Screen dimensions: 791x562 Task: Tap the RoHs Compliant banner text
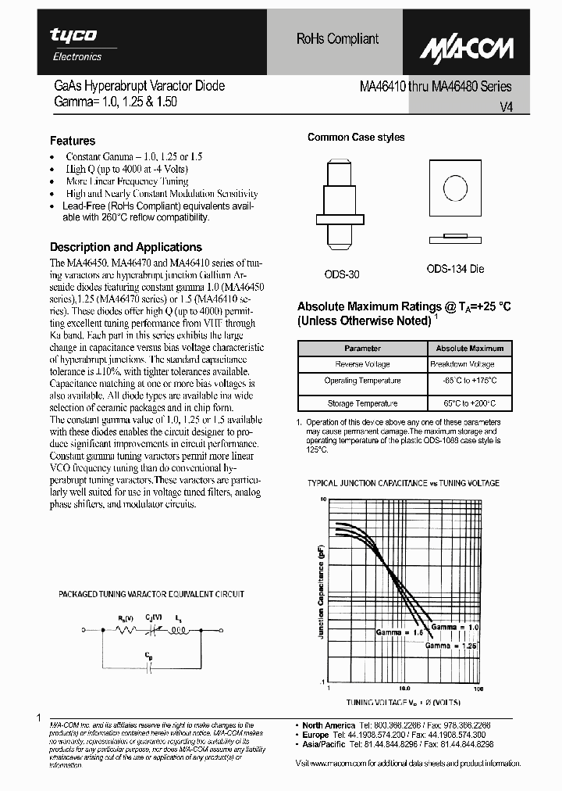click(337, 39)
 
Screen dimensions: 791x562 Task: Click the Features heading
click(73, 141)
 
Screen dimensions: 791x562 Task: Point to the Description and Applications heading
click(126, 247)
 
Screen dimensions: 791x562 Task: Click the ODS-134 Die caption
click(455, 269)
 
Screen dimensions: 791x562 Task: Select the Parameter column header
click(363, 349)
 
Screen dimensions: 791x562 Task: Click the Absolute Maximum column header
click(469, 349)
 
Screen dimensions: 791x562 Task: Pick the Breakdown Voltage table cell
click(462, 364)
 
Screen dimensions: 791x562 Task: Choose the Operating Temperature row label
click(363, 381)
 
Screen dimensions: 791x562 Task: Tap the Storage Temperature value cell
click(468, 404)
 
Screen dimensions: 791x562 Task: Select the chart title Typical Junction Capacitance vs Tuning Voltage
click(404, 483)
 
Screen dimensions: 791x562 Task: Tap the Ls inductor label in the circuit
click(179, 618)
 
